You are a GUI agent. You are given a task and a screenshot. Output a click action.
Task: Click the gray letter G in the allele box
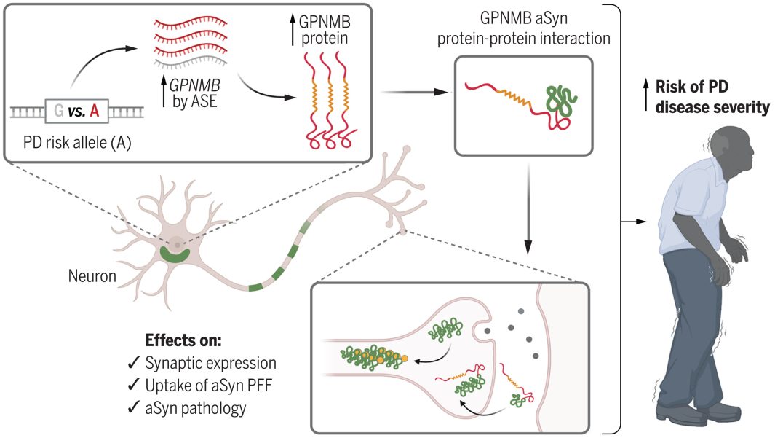(x=57, y=111)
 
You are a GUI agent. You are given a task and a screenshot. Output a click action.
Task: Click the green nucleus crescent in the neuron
(x=174, y=255)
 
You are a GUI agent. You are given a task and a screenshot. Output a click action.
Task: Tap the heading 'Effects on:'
(x=178, y=341)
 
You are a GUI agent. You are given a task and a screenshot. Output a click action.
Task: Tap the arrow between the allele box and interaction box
(x=415, y=93)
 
